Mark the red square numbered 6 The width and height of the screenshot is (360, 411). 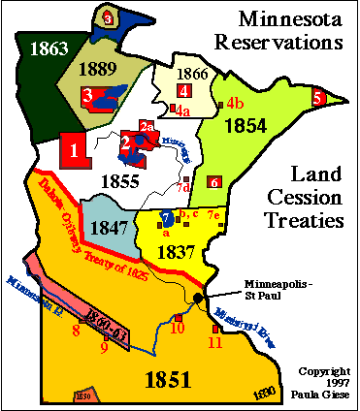pos(214,181)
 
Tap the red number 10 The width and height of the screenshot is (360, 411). pos(178,329)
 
